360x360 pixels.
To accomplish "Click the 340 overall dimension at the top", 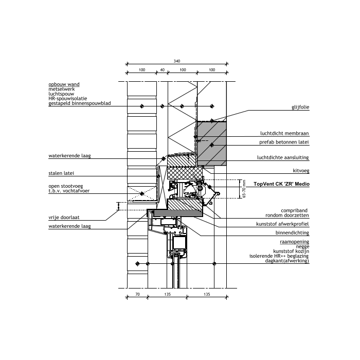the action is (177, 61).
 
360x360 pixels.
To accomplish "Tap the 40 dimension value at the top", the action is (163, 70).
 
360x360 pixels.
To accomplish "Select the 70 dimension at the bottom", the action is (137, 294).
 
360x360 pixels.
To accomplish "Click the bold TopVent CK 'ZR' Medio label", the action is (281, 184).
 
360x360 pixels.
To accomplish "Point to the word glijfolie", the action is (300, 107).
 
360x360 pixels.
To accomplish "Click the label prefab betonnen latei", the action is (284, 142).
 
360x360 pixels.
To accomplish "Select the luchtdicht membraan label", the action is (284, 133).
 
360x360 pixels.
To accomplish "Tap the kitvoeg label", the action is (301, 171).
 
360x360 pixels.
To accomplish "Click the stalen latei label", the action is (61, 173).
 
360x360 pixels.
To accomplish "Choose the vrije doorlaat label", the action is (64, 218).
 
